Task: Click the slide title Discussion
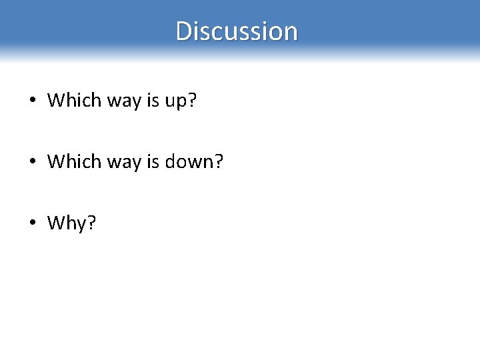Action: point(237,31)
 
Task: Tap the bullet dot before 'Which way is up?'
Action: point(32,101)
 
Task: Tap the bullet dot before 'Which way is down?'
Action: point(32,162)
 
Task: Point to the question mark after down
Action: point(219,161)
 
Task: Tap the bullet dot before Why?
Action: point(32,223)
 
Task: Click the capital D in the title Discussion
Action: point(183,31)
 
